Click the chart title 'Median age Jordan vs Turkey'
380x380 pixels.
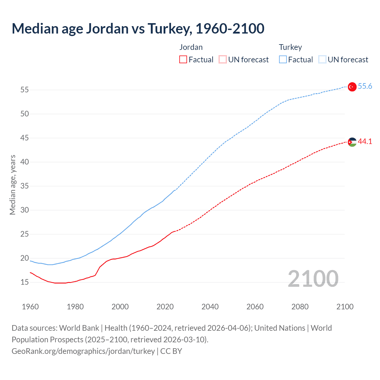138,28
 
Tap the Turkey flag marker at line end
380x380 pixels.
352,87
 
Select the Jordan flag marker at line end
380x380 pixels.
352,142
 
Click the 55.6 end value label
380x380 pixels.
365,86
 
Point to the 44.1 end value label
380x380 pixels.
365,142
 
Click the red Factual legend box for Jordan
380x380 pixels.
183,60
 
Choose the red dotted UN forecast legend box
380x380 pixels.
223,60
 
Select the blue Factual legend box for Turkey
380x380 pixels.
283,60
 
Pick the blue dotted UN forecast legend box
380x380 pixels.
322,60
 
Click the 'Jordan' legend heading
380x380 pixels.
191,47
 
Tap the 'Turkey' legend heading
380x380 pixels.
290,47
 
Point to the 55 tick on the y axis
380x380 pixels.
25,90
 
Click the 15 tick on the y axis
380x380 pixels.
25,282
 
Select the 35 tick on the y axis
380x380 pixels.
25,186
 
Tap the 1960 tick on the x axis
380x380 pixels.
30,307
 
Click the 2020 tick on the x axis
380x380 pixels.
165,307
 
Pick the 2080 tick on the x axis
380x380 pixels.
300,307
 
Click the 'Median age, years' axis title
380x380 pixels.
12,185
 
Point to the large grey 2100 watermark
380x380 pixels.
313,279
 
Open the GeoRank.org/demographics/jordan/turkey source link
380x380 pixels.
83,351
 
